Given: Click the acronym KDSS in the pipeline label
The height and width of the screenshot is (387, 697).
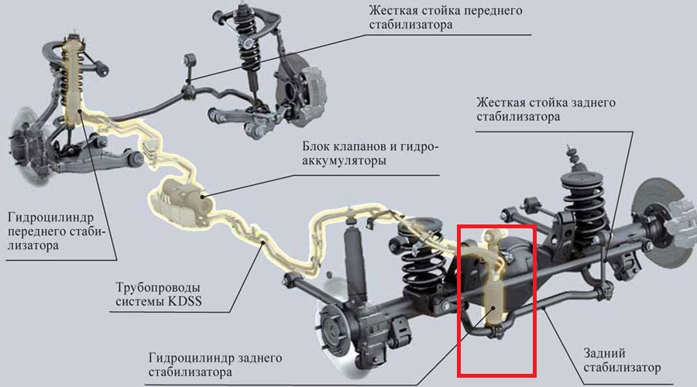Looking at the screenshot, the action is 184,301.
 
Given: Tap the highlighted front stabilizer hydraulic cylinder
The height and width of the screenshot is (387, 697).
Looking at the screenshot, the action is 72,80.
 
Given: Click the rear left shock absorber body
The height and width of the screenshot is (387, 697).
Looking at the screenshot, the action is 355,263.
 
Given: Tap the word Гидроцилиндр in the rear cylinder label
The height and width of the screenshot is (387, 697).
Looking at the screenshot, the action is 192,358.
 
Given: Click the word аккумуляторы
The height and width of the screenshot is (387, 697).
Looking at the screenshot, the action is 344,160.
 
